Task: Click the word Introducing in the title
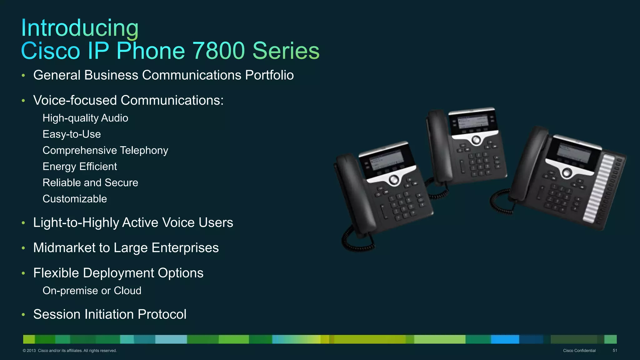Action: [80, 28]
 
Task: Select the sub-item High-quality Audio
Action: [85, 118]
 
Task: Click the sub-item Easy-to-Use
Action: [72, 134]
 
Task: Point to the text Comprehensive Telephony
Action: [105, 151]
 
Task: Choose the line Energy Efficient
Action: [80, 167]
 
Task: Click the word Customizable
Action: [75, 199]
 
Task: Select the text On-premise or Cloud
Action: [92, 291]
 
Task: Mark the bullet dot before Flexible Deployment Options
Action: [23, 273]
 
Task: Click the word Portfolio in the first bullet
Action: [269, 75]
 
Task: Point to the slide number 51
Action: [615, 351]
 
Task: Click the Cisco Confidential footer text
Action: [579, 351]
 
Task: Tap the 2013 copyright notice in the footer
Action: [69, 351]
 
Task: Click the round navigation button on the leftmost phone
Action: [394, 180]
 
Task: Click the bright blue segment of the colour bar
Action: [505, 339]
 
